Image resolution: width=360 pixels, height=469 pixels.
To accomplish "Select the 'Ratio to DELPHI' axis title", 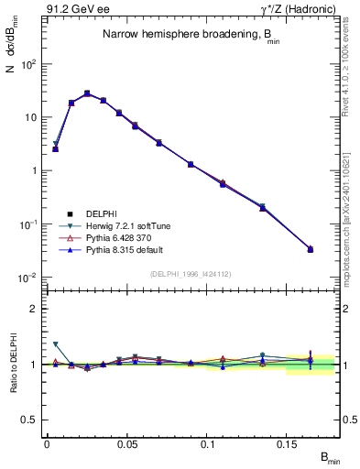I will pyautogui.click(x=14, y=364).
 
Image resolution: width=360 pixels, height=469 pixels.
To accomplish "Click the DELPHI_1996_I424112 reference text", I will pyautogui.click(x=191, y=273).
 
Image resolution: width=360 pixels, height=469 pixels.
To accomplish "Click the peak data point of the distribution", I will pyautogui.click(x=87, y=93).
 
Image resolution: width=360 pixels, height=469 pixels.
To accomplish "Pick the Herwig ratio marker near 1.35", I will pyautogui.click(x=55, y=344).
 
